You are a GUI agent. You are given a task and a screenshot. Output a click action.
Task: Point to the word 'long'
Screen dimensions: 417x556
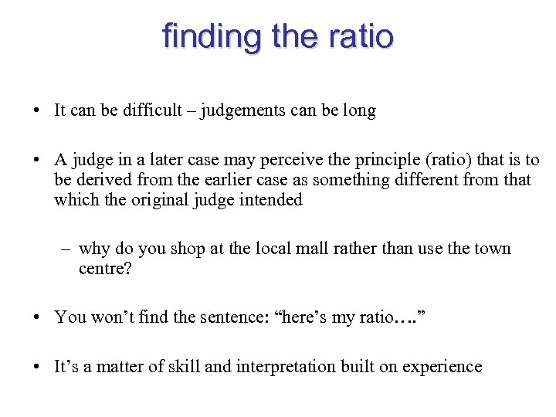click(x=359, y=110)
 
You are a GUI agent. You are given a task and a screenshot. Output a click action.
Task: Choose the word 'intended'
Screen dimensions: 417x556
click(x=270, y=200)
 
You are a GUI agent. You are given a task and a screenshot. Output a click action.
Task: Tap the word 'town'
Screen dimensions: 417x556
click(x=490, y=249)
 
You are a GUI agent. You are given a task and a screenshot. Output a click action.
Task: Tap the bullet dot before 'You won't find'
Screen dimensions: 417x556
click(x=37, y=317)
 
